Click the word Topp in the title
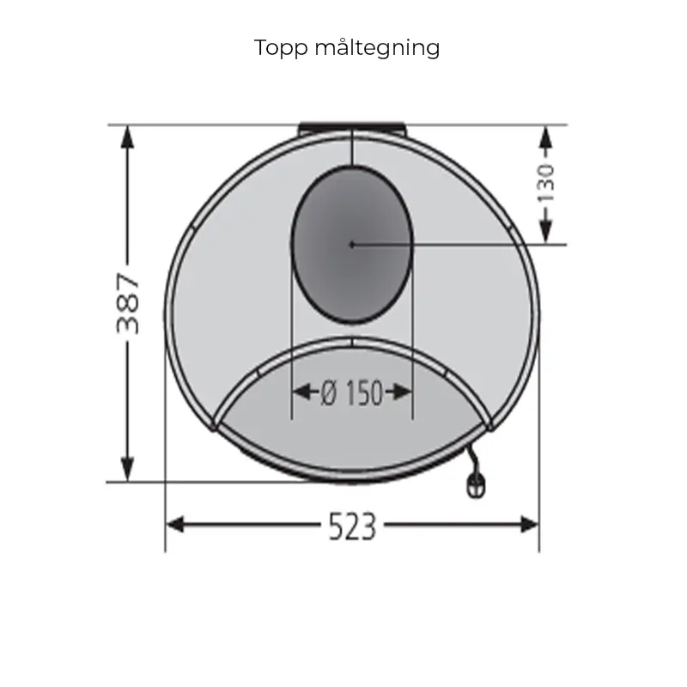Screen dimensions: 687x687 [x=281, y=48]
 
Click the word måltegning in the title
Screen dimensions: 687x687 [x=377, y=48]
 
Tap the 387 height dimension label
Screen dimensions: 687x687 [x=128, y=304]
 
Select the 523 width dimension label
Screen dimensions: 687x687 [x=352, y=526]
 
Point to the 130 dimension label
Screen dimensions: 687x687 [x=546, y=184]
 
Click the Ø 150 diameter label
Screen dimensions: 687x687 [x=352, y=392]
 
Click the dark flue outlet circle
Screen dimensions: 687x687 [x=352, y=245]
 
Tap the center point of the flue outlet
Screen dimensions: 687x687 [x=352, y=245]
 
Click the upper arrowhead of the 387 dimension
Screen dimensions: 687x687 [x=127, y=137]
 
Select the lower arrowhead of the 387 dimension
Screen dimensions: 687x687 [x=127, y=469]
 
